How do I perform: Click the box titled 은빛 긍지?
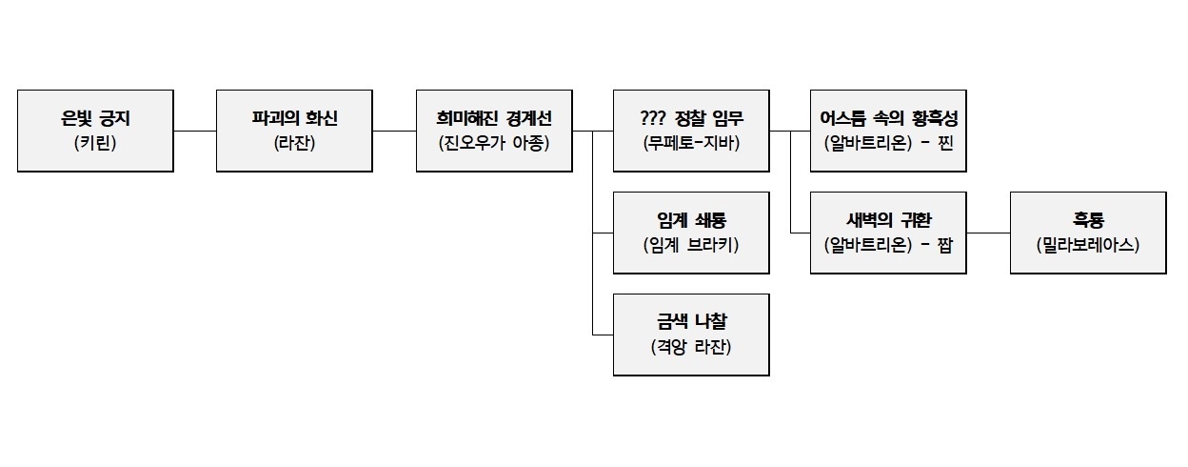(95, 131)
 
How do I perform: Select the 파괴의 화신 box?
(294, 131)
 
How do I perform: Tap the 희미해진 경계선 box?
(494, 131)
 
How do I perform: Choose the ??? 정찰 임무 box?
(691, 131)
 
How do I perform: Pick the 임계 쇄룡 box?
(691, 233)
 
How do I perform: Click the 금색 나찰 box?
(691, 335)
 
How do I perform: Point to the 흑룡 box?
(1088, 233)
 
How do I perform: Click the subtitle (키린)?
(95, 144)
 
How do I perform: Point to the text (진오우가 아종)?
(494, 144)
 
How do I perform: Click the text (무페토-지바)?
(691, 144)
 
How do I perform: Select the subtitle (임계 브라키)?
(691, 245)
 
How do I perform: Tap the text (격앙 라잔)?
(691, 347)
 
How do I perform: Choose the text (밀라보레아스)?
(1088, 245)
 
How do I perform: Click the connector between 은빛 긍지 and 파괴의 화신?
(195, 131)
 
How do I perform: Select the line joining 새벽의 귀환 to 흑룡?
(988, 233)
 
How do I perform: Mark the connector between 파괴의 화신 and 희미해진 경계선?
(394, 131)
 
